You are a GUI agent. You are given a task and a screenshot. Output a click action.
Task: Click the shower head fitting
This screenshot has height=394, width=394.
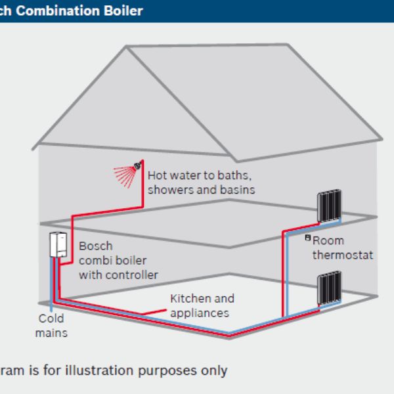138,165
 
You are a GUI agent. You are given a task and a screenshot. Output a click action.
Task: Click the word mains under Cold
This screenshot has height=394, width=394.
51,333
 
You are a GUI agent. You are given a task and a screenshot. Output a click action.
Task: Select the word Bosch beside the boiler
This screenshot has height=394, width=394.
95,246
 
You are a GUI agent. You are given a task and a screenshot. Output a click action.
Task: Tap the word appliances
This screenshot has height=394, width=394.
200,313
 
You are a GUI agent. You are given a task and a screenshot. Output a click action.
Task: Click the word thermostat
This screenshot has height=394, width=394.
342,254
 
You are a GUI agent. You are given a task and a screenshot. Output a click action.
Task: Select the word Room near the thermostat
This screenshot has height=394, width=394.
328,240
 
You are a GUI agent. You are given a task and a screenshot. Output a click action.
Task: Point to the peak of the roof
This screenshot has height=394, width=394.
126,47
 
